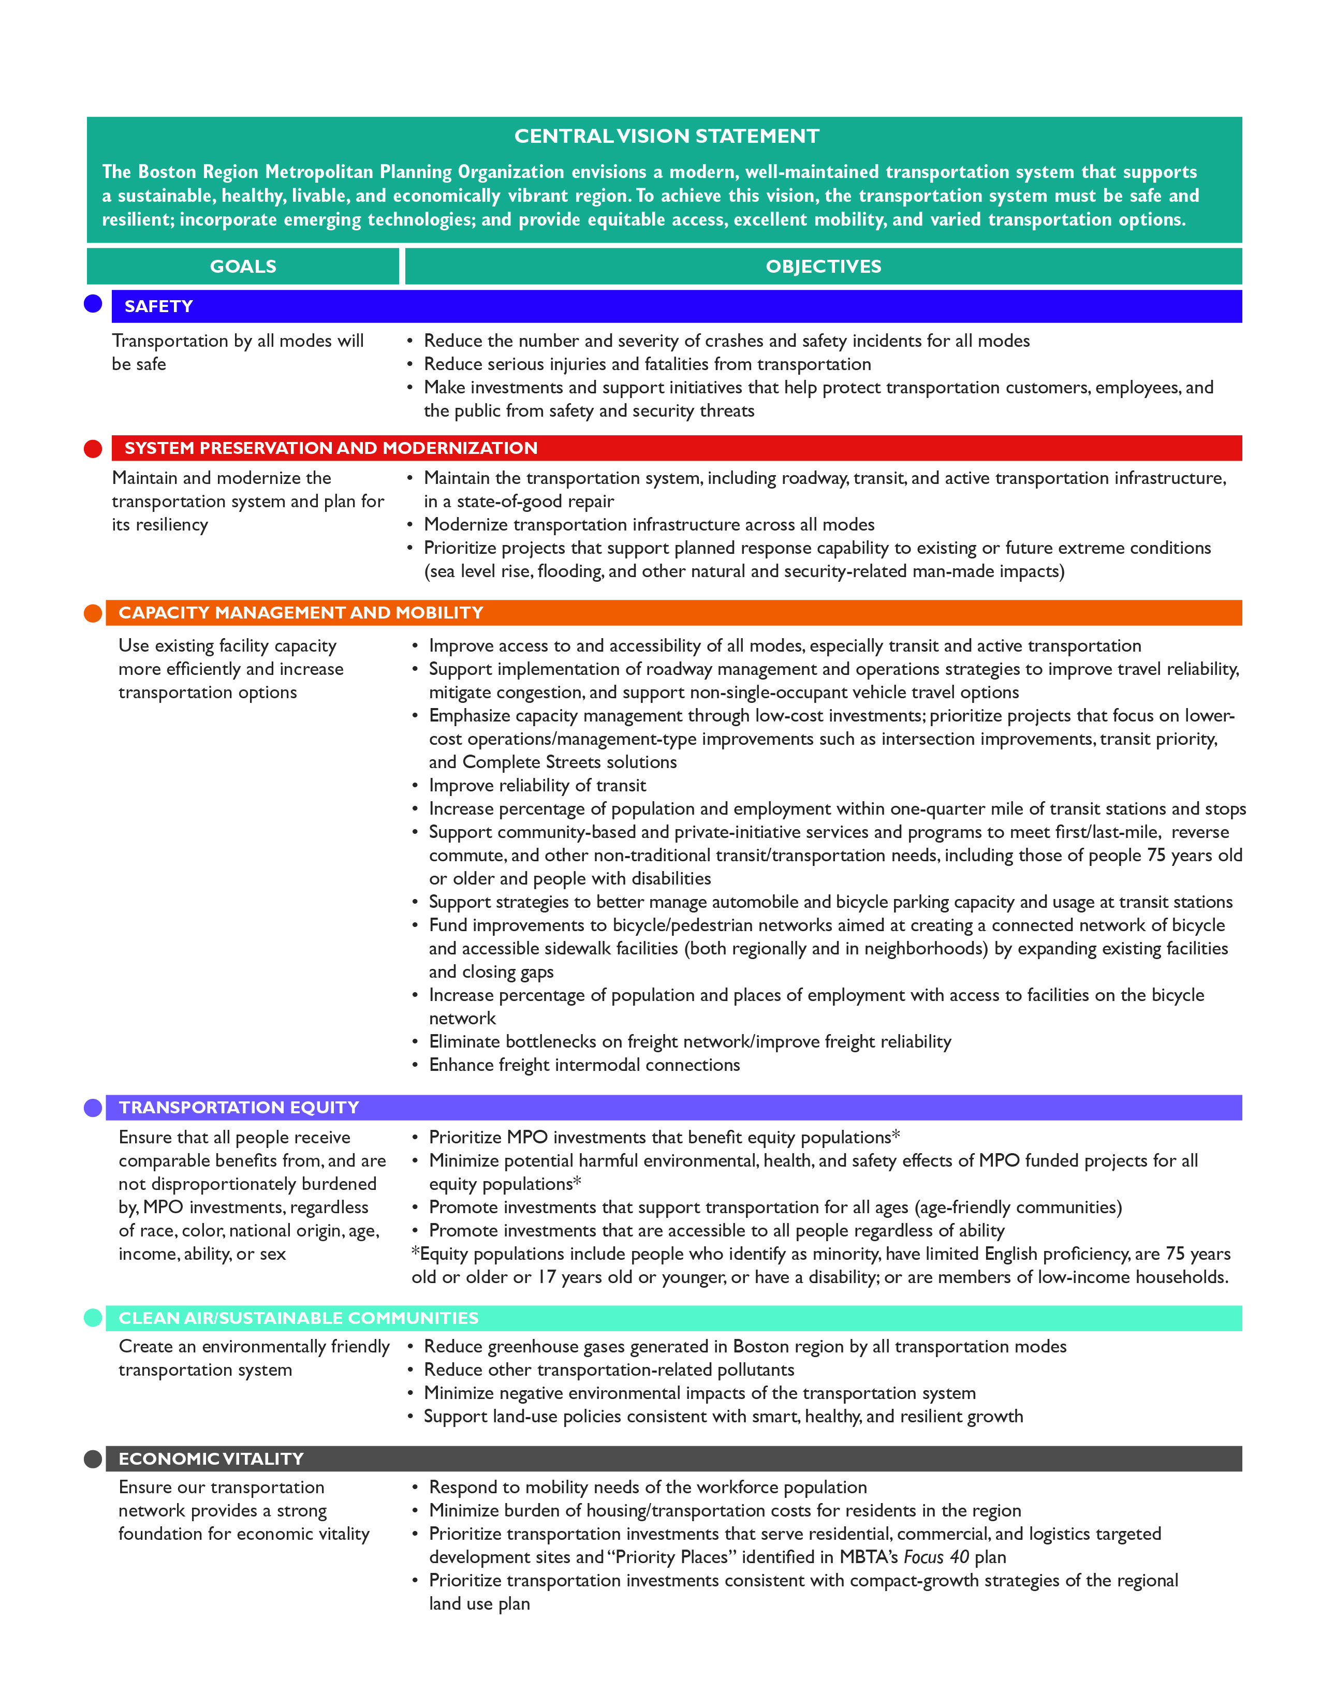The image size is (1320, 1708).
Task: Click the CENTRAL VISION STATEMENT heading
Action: point(666,136)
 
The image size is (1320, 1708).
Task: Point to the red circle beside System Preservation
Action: point(93,448)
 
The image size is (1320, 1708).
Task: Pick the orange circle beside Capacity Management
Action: point(93,613)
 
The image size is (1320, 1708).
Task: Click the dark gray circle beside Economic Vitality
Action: point(93,1459)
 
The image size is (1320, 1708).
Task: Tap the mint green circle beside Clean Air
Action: point(93,1318)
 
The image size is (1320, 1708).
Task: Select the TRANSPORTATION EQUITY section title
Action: point(239,1108)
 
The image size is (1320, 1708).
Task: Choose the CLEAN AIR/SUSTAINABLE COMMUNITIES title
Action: point(298,1318)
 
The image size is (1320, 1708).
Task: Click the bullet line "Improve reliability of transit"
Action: point(537,785)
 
